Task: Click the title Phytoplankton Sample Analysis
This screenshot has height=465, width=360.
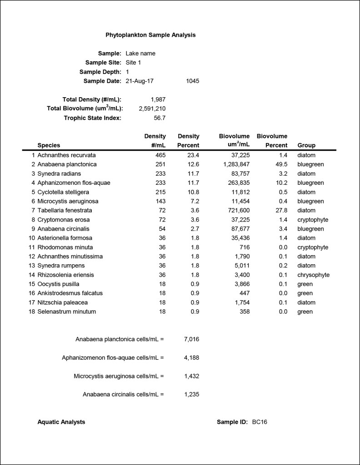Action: pyautogui.click(x=150, y=35)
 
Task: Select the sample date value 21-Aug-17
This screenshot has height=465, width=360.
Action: pyautogui.click(x=140, y=81)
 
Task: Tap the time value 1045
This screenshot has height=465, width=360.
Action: pyautogui.click(x=193, y=81)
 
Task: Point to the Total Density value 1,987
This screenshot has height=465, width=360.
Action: pyautogui.click(x=158, y=99)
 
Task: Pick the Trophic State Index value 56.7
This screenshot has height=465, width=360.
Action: pyautogui.click(x=160, y=118)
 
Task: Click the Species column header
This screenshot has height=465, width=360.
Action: pyautogui.click(x=49, y=145)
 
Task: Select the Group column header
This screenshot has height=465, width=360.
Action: pyautogui.click(x=306, y=145)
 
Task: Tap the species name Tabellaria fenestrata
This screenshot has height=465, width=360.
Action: pyautogui.click(x=65, y=210)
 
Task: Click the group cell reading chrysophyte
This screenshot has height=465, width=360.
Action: pyautogui.click(x=313, y=275)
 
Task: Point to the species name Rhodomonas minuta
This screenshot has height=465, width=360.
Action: pyautogui.click(x=65, y=247)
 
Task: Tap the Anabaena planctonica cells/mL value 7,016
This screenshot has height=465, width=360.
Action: pyautogui.click(x=191, y=339)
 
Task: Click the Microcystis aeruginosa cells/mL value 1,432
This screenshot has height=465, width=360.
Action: pyautogui.click(x=191, y=376)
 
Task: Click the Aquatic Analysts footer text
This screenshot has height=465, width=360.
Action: pyautogui.click(x=61, y=422)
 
